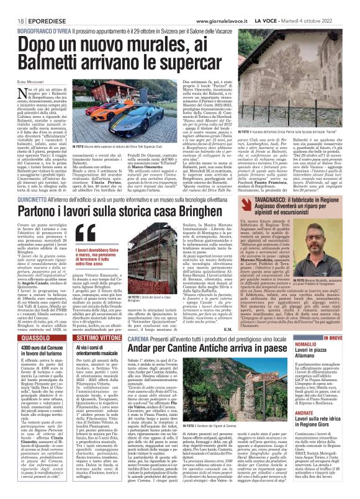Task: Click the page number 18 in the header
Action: [x=13, y=6]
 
